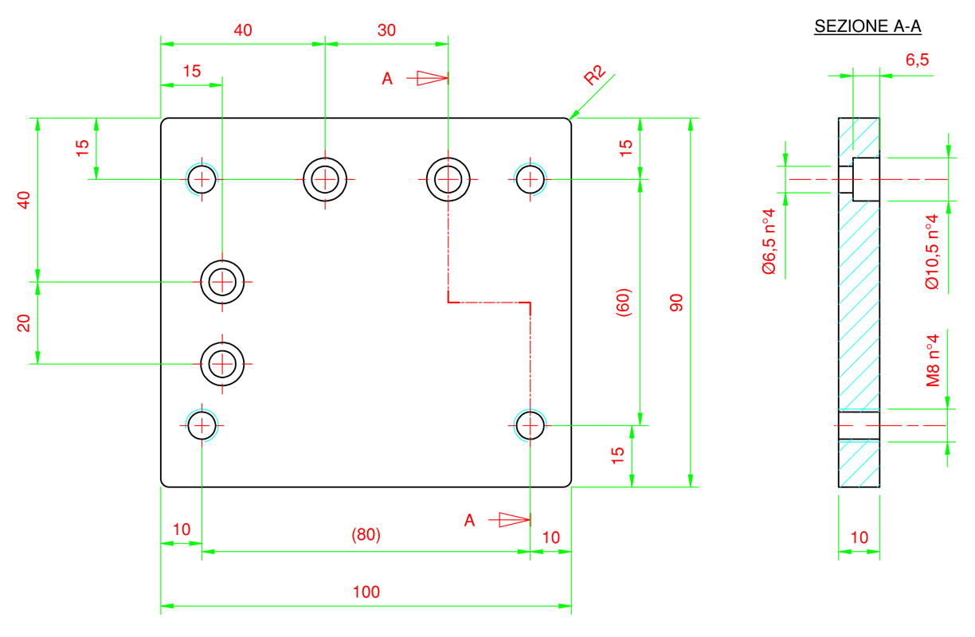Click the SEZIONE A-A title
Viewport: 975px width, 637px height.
click(867, 26)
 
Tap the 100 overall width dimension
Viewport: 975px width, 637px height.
click(366, 592)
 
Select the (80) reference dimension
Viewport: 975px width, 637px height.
click(366, 534)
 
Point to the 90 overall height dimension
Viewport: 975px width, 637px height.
click(676, 303)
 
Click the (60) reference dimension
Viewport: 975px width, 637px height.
click(624, 303)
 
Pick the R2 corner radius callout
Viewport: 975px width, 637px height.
click(594, 75)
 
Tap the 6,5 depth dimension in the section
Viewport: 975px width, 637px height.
click(917, 60)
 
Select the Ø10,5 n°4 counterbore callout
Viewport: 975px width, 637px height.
click(932, 252)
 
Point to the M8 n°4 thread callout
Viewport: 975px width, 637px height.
click(933, 361)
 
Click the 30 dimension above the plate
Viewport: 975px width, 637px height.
click(386, 30)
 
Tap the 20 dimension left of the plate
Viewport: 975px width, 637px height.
click(24, 323)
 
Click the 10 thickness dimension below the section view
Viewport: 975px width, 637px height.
click(859, 537)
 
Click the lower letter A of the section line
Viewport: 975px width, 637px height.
click(469, 521)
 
